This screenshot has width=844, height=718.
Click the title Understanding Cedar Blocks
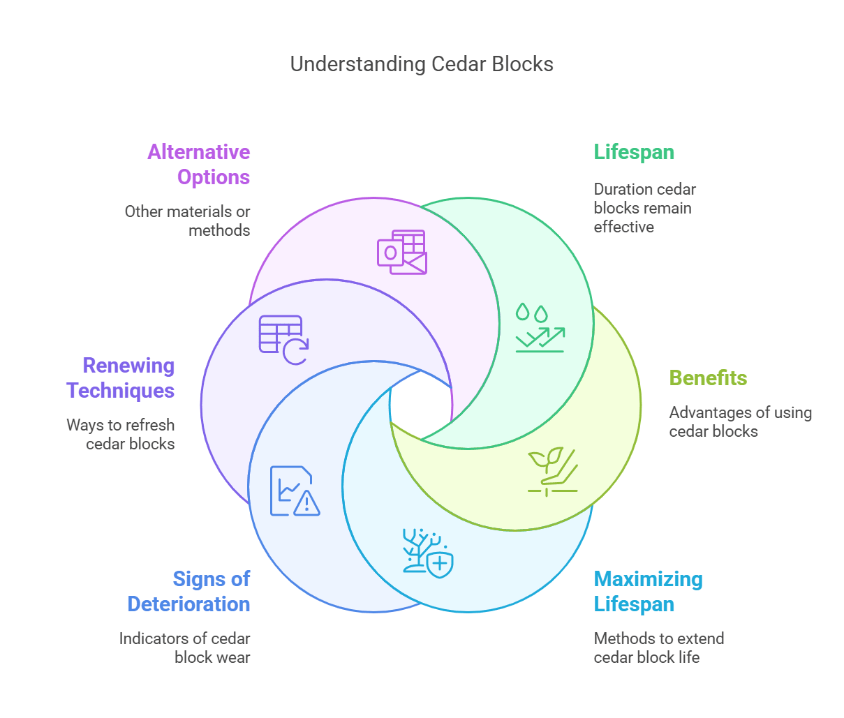(422, 64)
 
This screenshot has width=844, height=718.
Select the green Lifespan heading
(634, 152)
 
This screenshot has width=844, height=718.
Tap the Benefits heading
(708, 377)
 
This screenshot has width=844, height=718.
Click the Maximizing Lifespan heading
(648, 591)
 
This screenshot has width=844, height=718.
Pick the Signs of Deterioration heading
(189, 591)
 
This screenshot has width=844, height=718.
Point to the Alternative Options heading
(199, 164)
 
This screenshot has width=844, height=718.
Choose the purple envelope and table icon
(402, 252)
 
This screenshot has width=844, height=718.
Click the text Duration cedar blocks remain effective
(644, 208)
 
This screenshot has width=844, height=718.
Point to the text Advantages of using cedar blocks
(740, 421)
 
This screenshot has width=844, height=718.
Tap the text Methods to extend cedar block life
(658, 648)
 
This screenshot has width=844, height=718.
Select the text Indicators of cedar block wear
(185, 648)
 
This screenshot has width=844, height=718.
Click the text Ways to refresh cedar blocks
(121, 434)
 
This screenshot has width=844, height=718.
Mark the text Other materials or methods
(188, 220)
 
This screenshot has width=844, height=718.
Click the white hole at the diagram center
(420, 405)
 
